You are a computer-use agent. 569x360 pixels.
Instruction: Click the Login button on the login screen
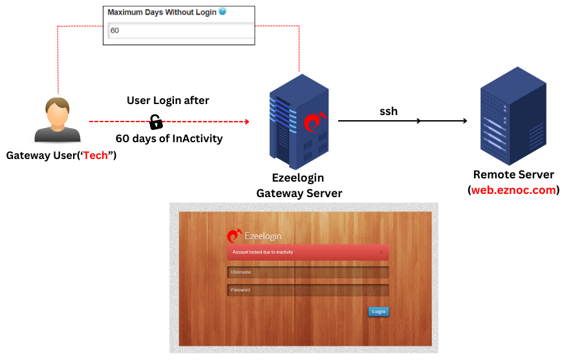tap(378, 312)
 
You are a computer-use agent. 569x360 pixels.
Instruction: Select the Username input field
tap(308, 272)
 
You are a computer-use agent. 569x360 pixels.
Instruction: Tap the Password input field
tap(308, 290)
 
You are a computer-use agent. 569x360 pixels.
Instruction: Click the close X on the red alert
tap(381, 252)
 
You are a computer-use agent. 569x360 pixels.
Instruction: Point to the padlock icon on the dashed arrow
tap(156, 121)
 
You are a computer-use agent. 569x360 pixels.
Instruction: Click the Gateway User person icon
tap(58, 120)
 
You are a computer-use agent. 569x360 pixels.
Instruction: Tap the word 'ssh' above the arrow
tap(388, 111)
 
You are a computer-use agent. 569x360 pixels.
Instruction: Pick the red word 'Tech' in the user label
tap(95, 156)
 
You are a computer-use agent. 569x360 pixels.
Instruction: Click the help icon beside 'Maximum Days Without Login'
tap(222, 12)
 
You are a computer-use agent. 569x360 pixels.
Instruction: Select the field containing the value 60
tap(180, 30)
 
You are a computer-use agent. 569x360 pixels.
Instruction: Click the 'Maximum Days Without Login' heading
tap(162, 12)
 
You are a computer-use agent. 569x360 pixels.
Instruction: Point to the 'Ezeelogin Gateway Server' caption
tap(299, 185)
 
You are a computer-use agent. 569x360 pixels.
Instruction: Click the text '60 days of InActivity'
tap(169, 138)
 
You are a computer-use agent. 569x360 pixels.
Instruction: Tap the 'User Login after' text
tap(167, 100)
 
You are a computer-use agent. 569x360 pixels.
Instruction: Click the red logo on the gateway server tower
tap(314, 121)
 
